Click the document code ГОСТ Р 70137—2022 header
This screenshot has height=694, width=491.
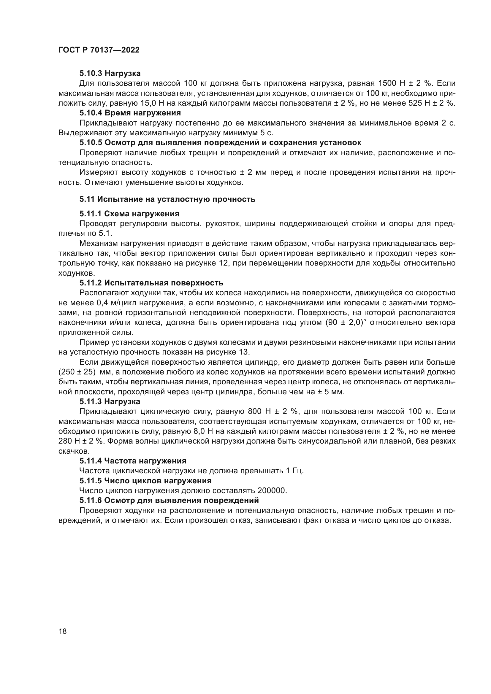[99, 50]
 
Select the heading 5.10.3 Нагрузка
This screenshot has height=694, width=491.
[110, 74]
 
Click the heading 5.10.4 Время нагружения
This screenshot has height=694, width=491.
[130, 113]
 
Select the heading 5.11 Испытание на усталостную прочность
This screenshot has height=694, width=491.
[167, 199]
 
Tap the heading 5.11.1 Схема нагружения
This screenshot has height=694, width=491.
[129, 214]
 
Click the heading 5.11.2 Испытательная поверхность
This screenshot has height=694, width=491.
[151, 283]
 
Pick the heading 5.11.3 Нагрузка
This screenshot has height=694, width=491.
[110, 402]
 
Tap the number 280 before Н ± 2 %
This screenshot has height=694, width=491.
[64, 441]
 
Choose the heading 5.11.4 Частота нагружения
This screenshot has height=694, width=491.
[133, 461]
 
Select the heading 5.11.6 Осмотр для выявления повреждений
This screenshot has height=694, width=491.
[169, 501]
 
